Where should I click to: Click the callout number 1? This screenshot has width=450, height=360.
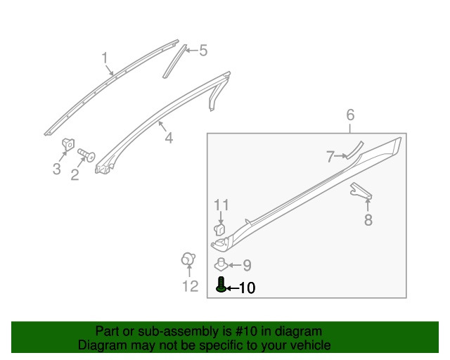105,58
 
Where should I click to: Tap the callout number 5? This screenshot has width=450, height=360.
203,50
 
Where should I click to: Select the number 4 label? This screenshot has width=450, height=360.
169,138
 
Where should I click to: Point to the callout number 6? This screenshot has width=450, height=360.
350,115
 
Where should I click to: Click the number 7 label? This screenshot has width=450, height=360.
330,157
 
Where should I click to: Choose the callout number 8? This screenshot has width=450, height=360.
368,220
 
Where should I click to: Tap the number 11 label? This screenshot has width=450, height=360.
221,205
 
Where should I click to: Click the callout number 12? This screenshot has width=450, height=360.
191,286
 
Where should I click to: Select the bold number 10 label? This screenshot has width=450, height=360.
247,288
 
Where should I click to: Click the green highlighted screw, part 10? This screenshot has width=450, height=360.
221,285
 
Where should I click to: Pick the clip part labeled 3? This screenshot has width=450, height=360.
68,144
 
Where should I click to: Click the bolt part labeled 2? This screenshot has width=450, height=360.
86,155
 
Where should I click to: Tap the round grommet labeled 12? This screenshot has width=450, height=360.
188,259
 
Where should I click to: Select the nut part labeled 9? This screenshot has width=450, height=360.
221,264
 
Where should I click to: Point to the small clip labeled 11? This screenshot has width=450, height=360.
219,230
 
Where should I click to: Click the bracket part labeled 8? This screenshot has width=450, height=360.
361,191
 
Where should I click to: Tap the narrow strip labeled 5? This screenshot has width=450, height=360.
174,61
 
